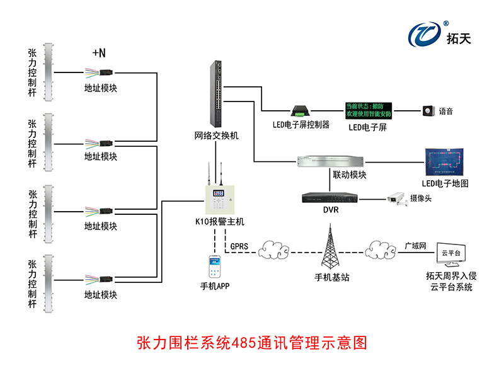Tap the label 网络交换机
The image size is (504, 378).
pos(217,135)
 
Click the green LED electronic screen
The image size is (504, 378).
pos(369,110)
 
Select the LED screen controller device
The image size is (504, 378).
pos(299,110)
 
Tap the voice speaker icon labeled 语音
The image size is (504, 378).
pos(429,111)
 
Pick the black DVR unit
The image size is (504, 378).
pos(329,198)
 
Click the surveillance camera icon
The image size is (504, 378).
pos(397,198)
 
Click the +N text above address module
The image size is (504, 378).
pos(99,54)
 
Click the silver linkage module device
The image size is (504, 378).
pos(329,161)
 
